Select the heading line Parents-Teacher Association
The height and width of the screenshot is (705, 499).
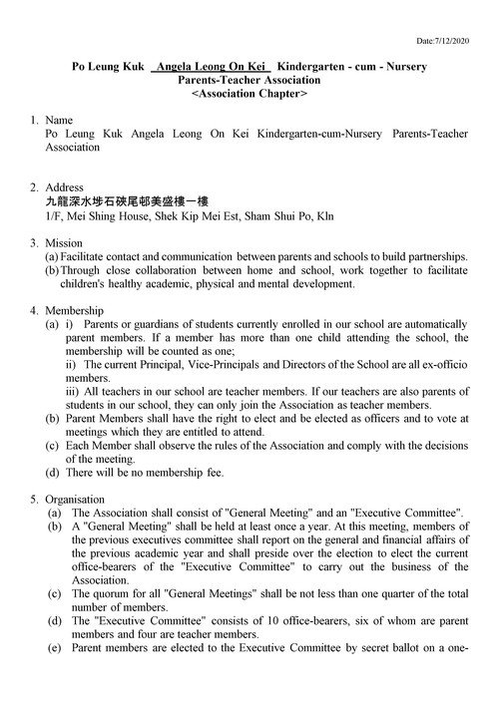(249, 80)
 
